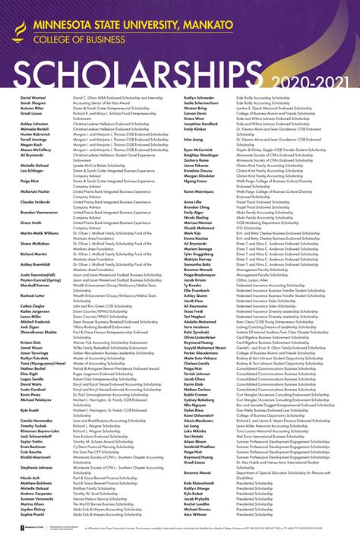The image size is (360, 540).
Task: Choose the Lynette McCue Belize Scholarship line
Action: point(107,163)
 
